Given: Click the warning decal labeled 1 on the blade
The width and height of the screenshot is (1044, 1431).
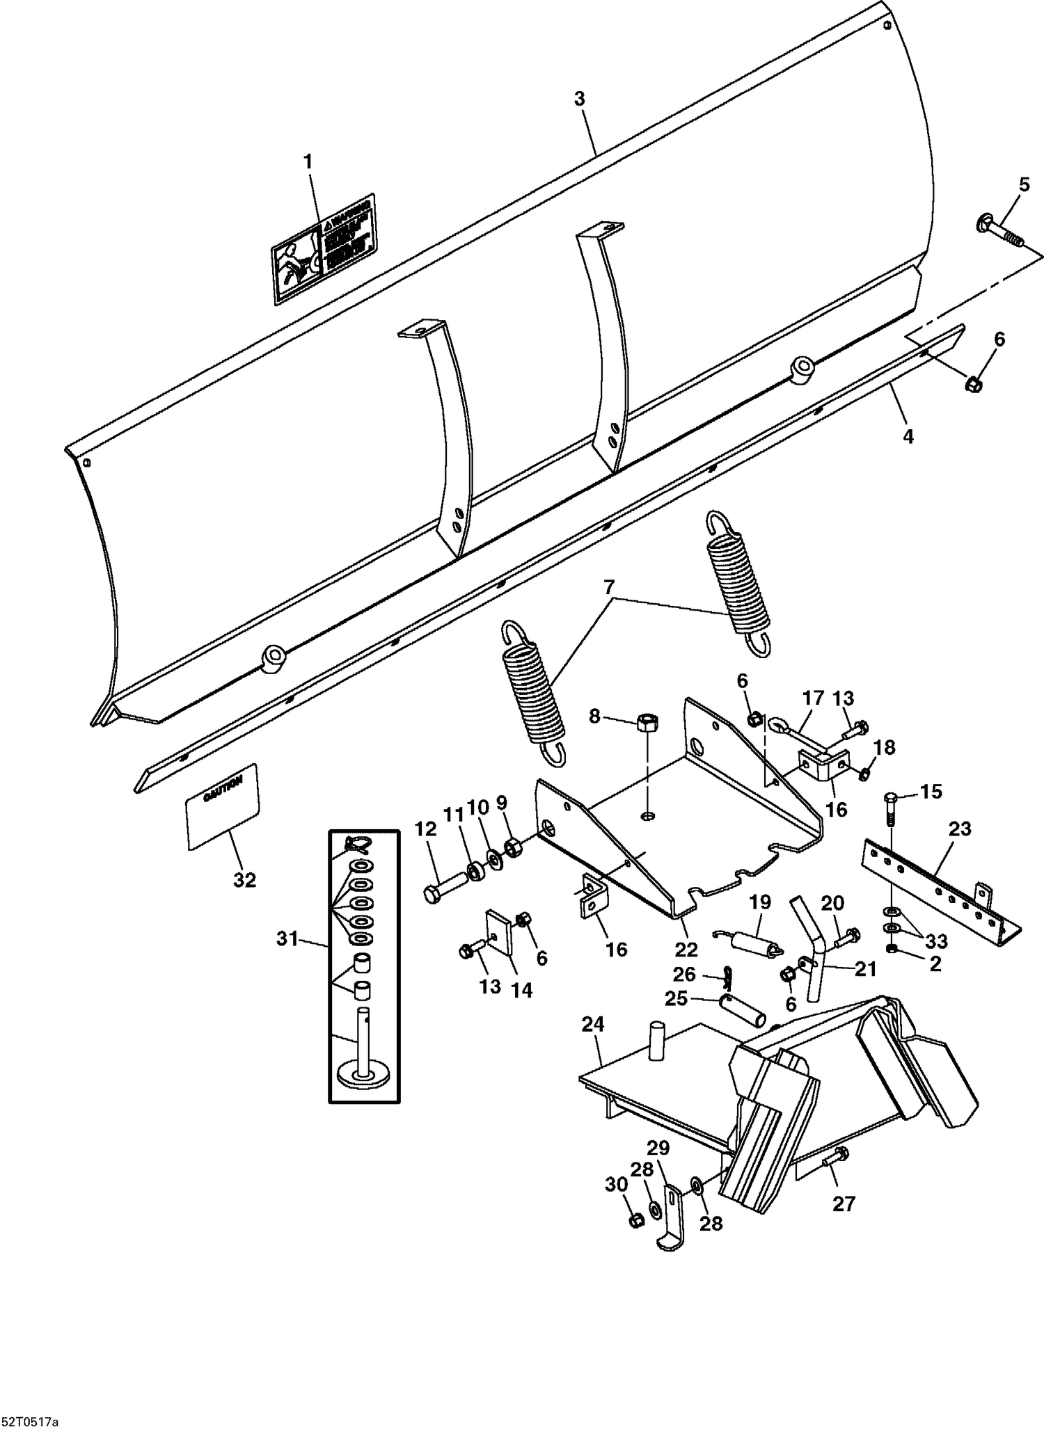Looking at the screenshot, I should [323, 248].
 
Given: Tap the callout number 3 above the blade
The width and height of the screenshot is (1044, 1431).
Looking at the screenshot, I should [580, 99].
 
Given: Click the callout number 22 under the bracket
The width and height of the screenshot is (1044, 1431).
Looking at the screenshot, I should [686, 949].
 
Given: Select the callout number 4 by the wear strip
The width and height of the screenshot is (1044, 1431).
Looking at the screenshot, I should [908, 436].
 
